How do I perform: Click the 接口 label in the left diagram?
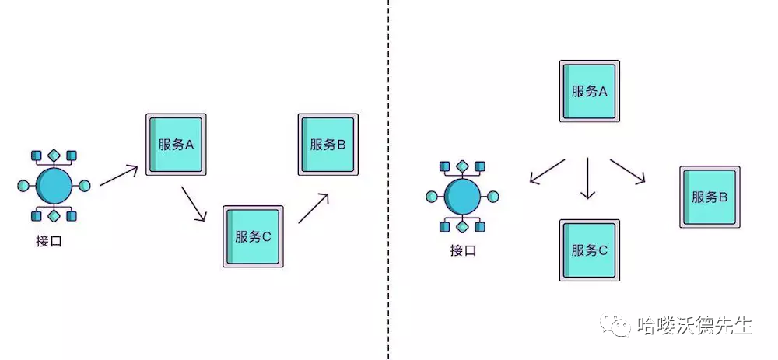[x=48, y=242]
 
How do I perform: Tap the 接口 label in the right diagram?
[x=462, y=250]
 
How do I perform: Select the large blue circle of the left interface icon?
[x=54, y=185]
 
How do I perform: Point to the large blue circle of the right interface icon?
[x=463, y=194]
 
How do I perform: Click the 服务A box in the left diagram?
[x=176, y=145]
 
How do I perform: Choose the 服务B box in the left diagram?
[x=327, y=144]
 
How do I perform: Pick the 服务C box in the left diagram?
[x=253, y=236]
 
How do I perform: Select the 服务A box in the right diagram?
[x=590, y=91]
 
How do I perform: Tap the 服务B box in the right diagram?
[x=710, y=197]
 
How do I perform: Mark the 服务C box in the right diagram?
[x=590, y=250]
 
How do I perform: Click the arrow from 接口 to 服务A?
[x=119, y=176]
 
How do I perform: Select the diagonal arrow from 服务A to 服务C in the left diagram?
[x=194, y=204]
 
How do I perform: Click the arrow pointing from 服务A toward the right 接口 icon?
[x=547, y=171]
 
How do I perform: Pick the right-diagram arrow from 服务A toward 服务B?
[x=629, y=172]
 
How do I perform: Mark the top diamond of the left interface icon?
[x=54, y=156]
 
